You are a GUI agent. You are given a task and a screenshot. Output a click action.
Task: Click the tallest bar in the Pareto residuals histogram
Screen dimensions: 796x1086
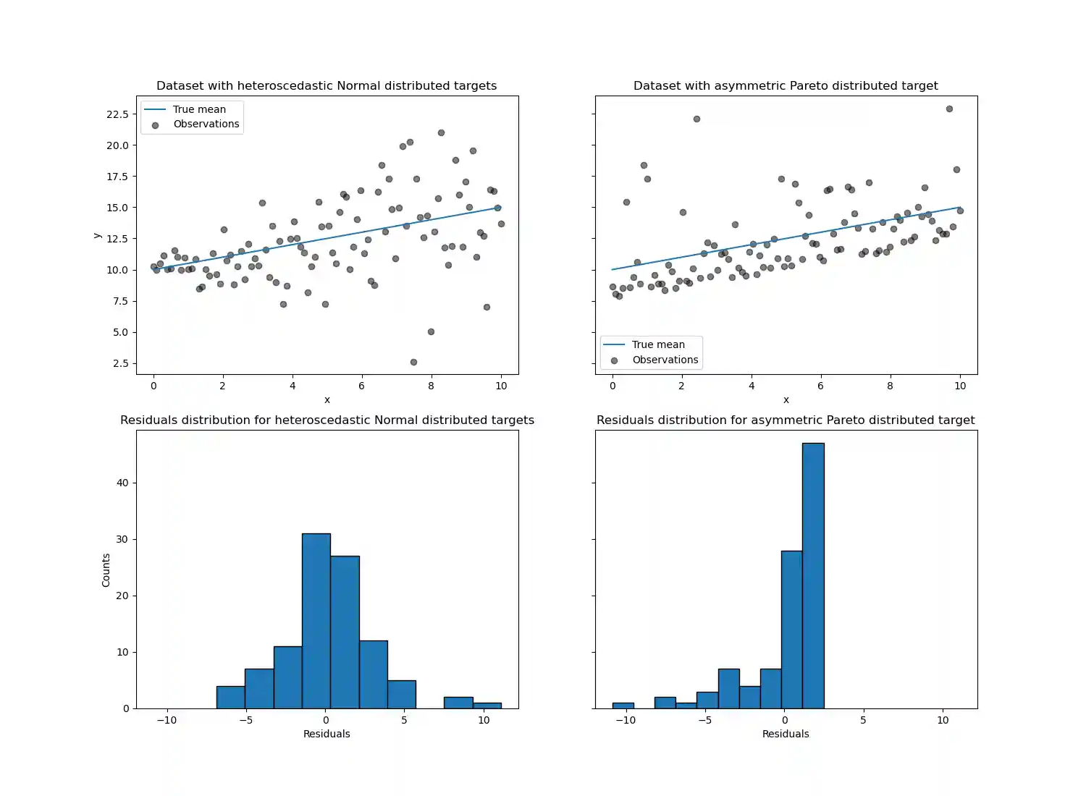813,575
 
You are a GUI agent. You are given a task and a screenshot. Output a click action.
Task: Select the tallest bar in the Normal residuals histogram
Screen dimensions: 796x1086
316,621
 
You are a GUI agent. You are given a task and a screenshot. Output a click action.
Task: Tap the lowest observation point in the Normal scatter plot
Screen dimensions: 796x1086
413,362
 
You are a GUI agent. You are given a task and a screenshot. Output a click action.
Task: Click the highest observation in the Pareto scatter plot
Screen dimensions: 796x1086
949,109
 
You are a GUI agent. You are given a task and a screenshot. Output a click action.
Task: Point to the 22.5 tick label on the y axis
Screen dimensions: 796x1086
117,114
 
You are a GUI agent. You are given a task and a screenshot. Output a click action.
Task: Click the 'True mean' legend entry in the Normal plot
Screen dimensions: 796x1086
199,109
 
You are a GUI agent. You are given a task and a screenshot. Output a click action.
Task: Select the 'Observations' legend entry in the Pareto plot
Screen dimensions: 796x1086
665,360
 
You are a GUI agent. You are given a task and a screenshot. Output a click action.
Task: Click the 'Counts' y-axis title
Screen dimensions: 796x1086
106,570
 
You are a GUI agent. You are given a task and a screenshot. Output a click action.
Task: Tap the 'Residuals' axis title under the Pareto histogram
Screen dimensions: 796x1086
786,734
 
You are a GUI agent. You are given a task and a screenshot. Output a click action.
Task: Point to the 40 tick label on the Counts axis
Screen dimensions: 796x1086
122,483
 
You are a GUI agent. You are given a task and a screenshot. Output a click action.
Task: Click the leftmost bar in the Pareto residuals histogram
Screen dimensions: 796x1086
623,706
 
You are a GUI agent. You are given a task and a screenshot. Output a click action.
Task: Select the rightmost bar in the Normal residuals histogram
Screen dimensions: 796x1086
487,706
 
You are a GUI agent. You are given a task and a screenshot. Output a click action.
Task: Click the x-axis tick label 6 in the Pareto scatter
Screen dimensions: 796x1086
820,386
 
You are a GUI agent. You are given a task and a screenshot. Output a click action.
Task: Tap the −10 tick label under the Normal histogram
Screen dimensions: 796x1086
167,720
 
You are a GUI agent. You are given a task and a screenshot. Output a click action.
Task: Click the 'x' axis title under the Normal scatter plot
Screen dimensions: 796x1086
327,399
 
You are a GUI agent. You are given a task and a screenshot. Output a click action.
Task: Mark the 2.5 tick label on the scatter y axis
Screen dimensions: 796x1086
120,363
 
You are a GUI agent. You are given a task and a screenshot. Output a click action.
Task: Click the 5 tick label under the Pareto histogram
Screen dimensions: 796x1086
863,720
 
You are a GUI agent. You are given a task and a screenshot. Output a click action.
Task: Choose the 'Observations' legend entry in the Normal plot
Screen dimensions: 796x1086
206,124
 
